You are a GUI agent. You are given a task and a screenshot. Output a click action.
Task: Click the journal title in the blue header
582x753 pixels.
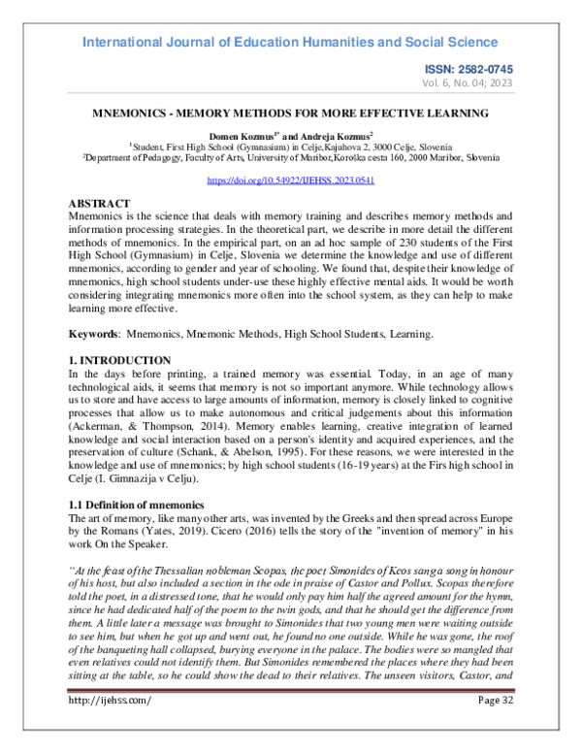click(291, 43)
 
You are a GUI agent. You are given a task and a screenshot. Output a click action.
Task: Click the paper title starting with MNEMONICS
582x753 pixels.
click(291, 114)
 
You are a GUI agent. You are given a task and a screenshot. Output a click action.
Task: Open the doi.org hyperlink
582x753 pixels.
click(291, 181)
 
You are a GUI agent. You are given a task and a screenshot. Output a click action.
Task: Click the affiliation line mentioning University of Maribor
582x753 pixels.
click(291, 157)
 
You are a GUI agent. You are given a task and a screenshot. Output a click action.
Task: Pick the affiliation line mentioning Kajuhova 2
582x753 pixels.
click(291, 147)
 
